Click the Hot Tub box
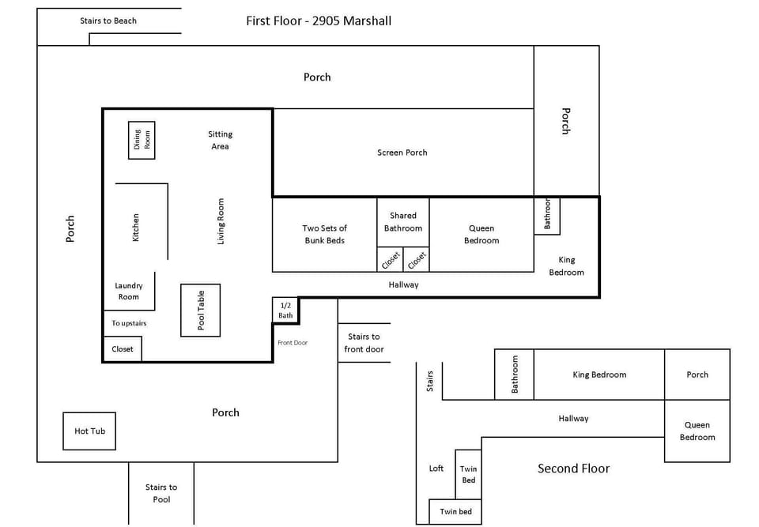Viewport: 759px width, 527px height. coord(89,431)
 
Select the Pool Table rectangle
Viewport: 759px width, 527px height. coord(201,311)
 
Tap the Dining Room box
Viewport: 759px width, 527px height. coord(142,141)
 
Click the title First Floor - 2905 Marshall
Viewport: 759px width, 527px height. coord(319,21)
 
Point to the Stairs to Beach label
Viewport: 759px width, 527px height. coord(108,21)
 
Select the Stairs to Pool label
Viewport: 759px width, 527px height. coord(161,493)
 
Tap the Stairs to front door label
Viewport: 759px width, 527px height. coord(364,342)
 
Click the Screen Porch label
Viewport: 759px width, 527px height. coord(402,152)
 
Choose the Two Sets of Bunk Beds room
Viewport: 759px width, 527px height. coord(324,234)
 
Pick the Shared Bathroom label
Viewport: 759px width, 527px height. coord(403,221)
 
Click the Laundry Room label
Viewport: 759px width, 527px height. coord(128,292)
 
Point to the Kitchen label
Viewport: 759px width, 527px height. coord(136,228)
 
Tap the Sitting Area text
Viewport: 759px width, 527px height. coord(220,140)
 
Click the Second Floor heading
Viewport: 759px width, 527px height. coord(573,469)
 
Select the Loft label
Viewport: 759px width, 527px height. coord(436,469)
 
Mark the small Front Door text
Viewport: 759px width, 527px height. coord(293,343)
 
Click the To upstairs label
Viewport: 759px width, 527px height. coord(129,323)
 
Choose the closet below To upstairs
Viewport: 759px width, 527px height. coord(123,349)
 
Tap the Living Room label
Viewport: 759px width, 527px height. coord(221,221)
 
